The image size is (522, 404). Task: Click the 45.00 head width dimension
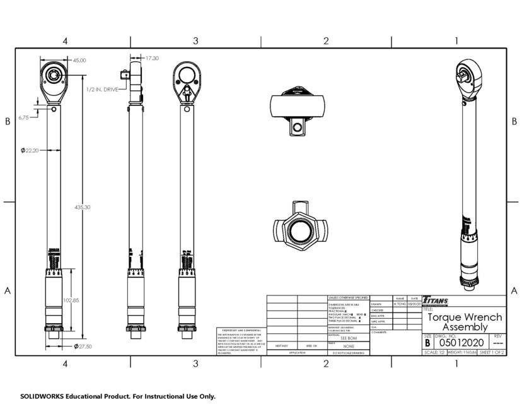(x=79, y=60)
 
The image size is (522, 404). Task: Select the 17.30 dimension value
(x=152, y=58)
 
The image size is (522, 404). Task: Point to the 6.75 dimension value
(x=24, y=117)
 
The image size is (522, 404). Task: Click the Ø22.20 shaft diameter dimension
(x=30, y=150)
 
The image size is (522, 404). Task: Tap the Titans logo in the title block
(x=436, y=300)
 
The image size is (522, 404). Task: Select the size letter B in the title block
(x=427, y=343)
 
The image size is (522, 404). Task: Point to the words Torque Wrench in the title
(x=465, y=317)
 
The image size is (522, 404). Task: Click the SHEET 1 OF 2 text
(x=492, y=352)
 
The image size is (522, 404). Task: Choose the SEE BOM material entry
(x=348, y=339)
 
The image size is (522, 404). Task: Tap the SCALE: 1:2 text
(x=433, y=352)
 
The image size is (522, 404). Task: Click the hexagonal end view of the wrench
(x=300, y=227)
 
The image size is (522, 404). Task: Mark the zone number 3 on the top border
(x=195, y=41)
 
